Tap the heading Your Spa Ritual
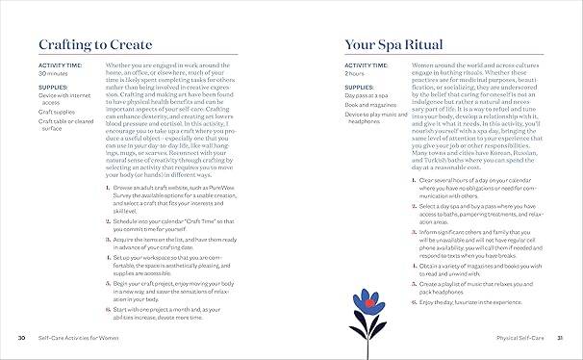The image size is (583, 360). click(386, 44)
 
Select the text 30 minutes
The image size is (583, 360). click(53, 73)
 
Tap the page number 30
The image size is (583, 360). click(21, 338)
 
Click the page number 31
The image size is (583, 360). click(560, 338)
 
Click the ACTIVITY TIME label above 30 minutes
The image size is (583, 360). click(59, 64)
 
